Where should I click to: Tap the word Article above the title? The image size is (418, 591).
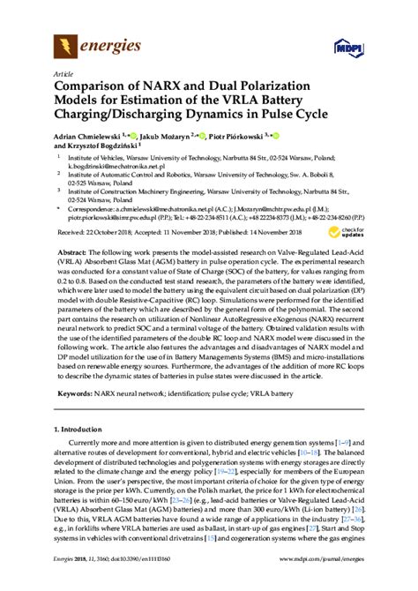click(x=64, y=75)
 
